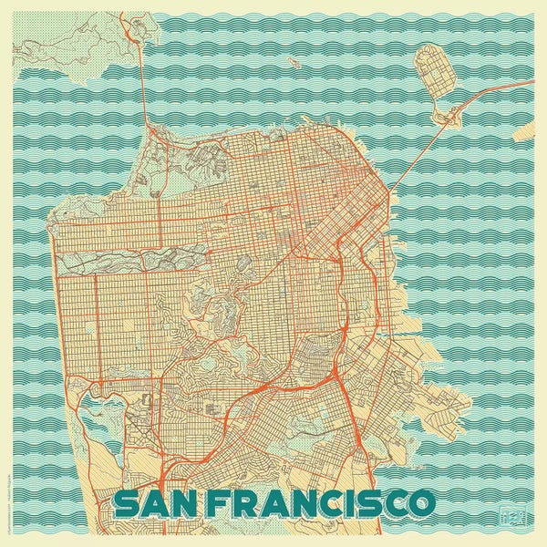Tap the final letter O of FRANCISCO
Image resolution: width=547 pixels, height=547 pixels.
click(x=420, y=502)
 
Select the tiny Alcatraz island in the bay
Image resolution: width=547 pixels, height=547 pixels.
click(x=295, y=63)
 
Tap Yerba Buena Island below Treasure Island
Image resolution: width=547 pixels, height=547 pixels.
click(x=449, y=115)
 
